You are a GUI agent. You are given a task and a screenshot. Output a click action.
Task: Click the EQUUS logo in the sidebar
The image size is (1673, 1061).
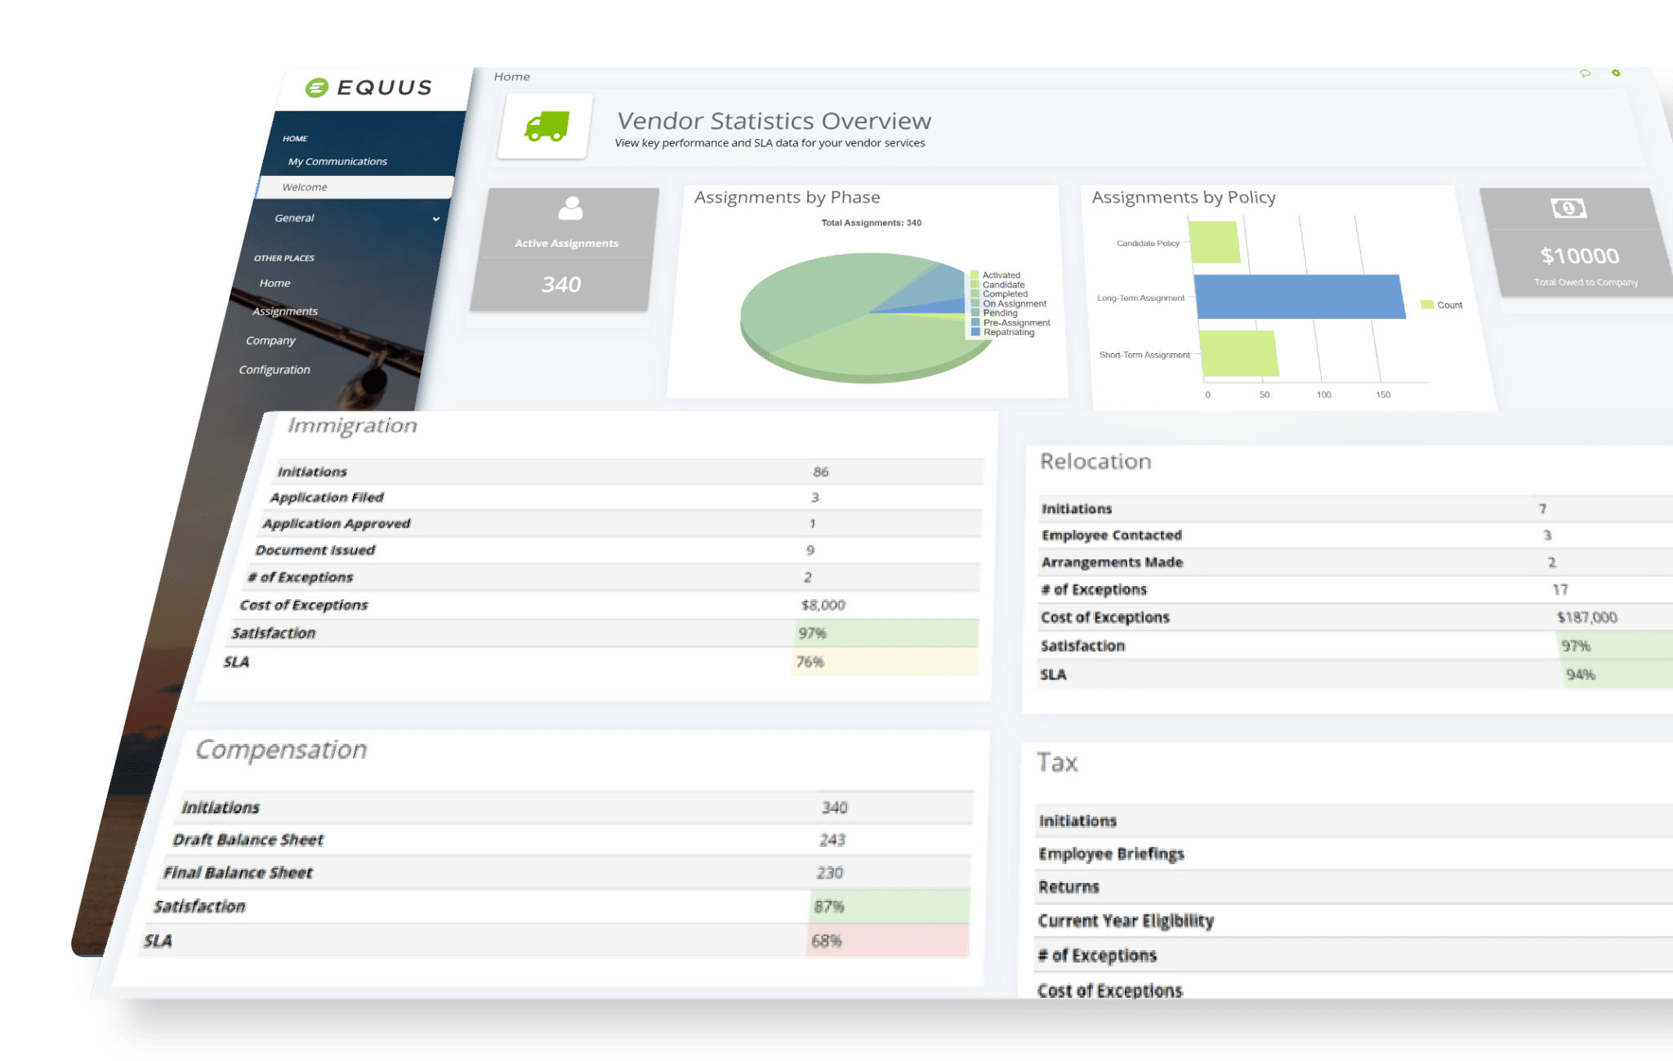(368, 87)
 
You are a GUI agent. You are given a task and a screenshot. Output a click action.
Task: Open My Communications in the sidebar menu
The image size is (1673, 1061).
(337, 161)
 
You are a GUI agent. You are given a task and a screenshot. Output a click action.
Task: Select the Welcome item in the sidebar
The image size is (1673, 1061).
(305, 187)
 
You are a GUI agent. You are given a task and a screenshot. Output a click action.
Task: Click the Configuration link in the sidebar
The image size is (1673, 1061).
(274, 369)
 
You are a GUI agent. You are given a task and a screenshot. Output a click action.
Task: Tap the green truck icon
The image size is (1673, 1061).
(547, 127)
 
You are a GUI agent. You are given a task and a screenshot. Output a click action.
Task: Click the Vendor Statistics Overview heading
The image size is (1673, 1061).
(774, 121)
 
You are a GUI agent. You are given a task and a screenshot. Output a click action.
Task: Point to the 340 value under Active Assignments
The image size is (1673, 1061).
(561, 284)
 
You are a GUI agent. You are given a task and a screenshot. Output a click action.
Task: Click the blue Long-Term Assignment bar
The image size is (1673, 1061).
(1299, 297)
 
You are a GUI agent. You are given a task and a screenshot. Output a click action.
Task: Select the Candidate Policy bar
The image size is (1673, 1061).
(1215, 242)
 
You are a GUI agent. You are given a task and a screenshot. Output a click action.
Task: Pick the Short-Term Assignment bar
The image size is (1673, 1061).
(1238, 353)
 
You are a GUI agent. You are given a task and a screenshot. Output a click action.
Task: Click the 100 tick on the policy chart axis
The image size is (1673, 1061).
(1323, 395)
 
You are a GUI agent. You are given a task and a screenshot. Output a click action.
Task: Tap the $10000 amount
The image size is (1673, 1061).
(1579, 256)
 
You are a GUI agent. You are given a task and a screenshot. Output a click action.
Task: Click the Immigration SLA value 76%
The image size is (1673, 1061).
(810, 662)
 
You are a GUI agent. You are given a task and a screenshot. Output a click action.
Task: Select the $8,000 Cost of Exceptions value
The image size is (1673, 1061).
(823, 605)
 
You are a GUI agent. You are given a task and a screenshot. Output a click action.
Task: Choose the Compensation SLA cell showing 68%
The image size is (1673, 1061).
(827, 941)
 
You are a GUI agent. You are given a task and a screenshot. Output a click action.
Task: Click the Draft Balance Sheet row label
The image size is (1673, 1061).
(248, 839)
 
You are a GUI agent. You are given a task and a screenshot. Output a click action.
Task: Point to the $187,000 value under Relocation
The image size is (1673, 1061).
(1586, 617)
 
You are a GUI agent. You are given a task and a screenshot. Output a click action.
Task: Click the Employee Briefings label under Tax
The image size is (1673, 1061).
(1111, 853)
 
